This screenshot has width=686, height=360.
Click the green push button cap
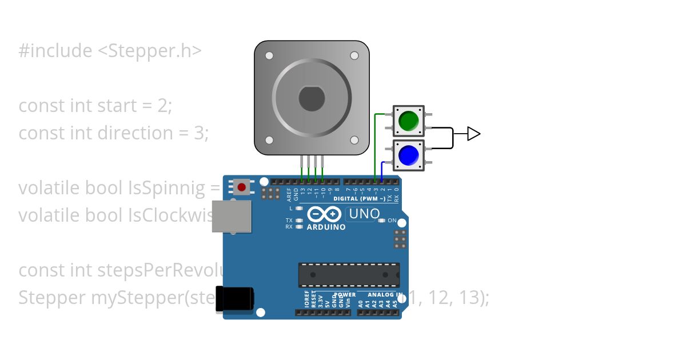click(x=409, y=121)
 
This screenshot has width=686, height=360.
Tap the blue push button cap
click(x=409, y=155)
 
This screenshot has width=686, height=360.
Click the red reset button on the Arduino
click(x=242, y=186)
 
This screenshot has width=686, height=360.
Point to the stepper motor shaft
click(x=312, y=99)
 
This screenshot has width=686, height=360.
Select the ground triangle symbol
click(x=473, y=134)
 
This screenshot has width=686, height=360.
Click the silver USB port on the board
click(x=231, y=216)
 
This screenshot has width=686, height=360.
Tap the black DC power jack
click(x=234, y=299)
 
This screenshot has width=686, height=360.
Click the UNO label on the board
click(x=364, y=214)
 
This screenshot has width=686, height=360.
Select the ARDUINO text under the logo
click(x=326, y=227)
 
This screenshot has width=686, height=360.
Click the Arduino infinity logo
click(x=326, y=215)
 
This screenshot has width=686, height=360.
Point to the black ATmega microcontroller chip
click(x=349, y=275)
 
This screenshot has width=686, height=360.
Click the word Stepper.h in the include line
click(x=150, y=51)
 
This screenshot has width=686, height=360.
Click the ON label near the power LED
click(x=392, y=220)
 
